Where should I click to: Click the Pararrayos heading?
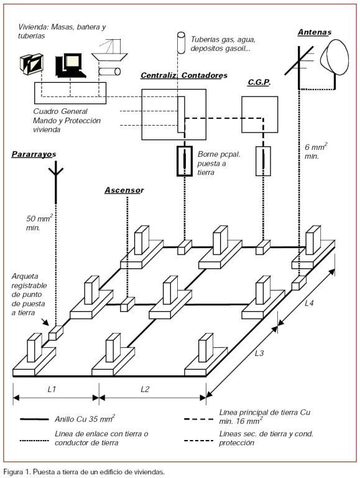pyautogui.click(x=34, y=154)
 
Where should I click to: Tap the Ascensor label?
pyautogui.click(x=124, y=190)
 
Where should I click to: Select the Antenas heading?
pyautogui.click(x=315, y=32)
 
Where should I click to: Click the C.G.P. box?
pyautogui.click(x=259, y=115)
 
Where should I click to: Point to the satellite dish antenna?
pyautogui.click(x=334, y=57)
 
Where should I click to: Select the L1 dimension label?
pyautogui.click(x=52, y=389)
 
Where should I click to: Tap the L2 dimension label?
pyautogui.click(x=145, y=389)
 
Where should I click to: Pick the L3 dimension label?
pyautogui.click(x=259, y=354)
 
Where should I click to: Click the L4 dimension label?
pyautogui.click(x=309, y=303)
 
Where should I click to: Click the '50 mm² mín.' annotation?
pyautogui.click(x=39, y=223)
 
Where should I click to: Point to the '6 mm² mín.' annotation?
pyautogui.click(x=316, y=151)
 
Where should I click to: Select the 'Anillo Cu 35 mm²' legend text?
pyautogui.click(x=85, y=418)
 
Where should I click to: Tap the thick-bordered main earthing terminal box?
pyautogui.click(x=185, y=161)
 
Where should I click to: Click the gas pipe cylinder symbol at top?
pyautogui.click(x=181, y=43)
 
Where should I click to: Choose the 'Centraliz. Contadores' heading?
pyautogui.click(x=184, y=75)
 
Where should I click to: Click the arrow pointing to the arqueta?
pyautogui.click(x=45, y=322)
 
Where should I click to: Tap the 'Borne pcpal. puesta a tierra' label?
pyautogui.click(x=219, y=163)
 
